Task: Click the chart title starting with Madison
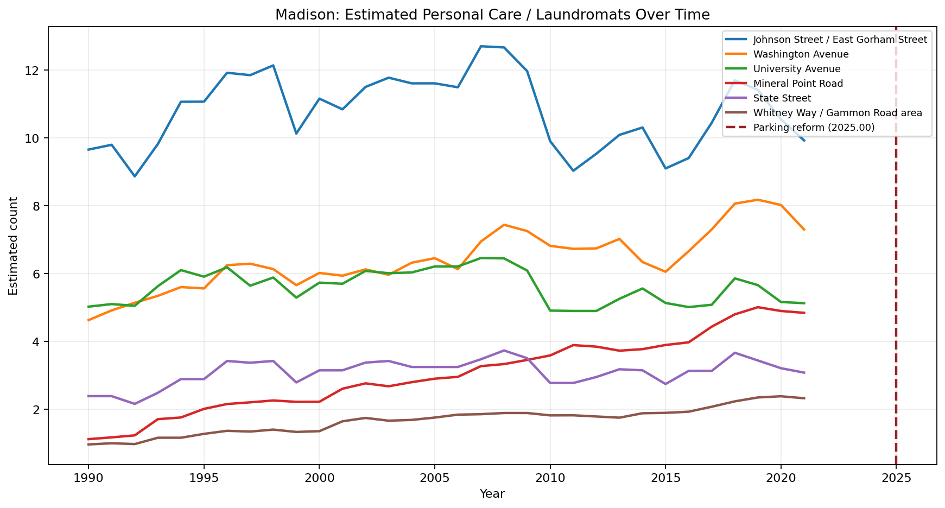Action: coord(492,15)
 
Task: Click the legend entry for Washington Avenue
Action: coord(801,54)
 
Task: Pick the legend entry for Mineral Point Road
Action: coord(798,84)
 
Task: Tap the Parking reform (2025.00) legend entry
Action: coord(814,128)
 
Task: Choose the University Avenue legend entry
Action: coord(796,69)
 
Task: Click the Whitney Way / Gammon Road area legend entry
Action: coord(838,113)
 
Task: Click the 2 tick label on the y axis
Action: coord(39,410)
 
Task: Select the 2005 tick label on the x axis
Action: coord(434,478)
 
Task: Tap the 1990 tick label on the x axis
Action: coord(88,478)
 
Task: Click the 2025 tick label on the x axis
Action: coord(896,478)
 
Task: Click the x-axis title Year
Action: coord(492,494)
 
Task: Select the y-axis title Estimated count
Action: coord(14,246)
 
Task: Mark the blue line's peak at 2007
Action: coord(481,46)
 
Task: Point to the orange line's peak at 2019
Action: coord(758,200)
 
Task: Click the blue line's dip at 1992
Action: coord(135,176)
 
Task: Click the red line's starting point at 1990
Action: coord(88,439)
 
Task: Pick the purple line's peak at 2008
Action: coord(504,350)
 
